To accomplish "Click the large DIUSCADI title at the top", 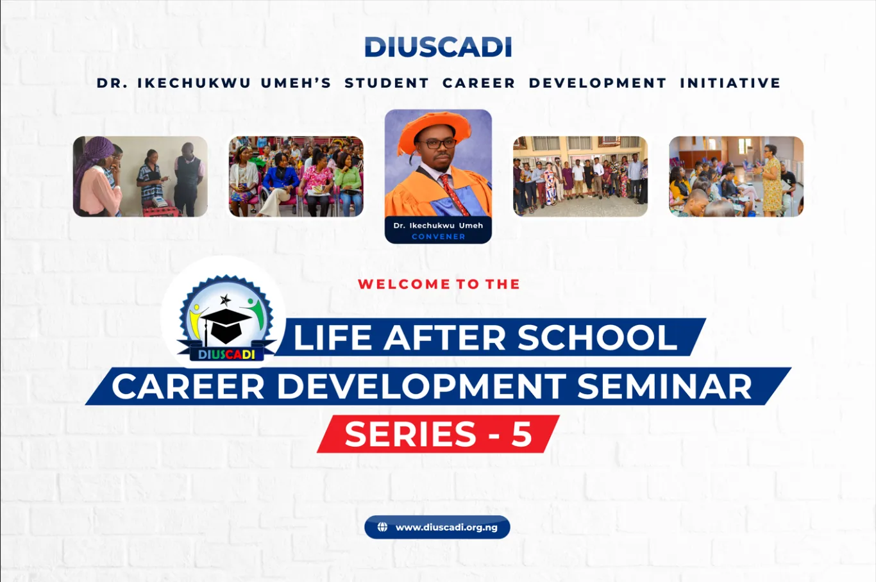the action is (x=438, y=47).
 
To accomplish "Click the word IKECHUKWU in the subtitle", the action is (x=194, y=83).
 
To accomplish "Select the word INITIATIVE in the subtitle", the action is (x=730, y=83).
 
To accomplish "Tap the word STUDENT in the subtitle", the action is (x=387, y=83).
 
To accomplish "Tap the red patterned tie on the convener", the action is (x=453, y=194).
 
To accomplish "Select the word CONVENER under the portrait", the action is (x=439, y=237).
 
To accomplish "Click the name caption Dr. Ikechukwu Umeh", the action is (x=438, y=226).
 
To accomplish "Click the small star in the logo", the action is (x=225, y=300).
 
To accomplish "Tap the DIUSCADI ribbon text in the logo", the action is (x=226, y=354).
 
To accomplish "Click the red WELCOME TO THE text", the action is (x=439, y=284).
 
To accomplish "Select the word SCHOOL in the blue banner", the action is (x=597, y=337).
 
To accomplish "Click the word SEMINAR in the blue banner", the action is (x=664, y=386).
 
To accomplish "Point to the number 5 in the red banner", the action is (x=522, y=434).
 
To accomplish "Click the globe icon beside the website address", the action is (x=382, y=528).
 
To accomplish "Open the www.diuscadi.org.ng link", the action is (x=446, y=528).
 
